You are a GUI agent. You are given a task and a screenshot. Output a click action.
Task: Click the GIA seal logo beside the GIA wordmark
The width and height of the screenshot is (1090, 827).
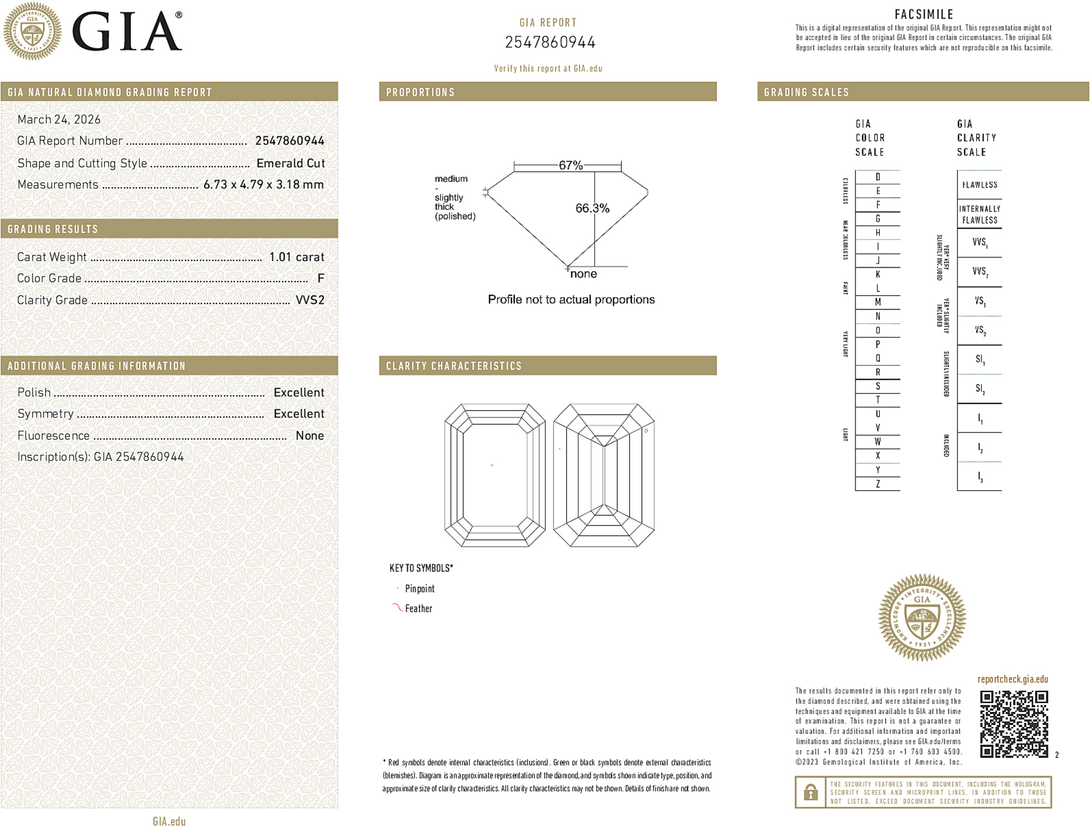[x=33, y=31]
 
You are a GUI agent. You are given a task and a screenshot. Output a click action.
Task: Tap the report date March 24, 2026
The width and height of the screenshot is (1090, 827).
[x=59, y=120]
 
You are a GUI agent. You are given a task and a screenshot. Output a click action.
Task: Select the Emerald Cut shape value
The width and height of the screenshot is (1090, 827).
[x=290, y=163]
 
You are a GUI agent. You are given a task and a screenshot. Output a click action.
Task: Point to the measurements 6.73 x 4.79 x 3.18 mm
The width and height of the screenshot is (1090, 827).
[x=263, y=185]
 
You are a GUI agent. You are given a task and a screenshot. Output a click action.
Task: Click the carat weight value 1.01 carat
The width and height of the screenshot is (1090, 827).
[x=296, y=257]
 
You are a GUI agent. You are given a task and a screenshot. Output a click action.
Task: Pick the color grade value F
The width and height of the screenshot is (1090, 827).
[x=321, y=279]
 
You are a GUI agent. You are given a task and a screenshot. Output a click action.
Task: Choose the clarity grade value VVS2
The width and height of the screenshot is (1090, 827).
[x=310, y=300]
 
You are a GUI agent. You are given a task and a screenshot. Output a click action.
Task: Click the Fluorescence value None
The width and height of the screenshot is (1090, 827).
[x=310, y=436]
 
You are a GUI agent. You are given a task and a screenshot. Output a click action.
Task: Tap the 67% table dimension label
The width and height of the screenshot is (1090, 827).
[x=570, y=165]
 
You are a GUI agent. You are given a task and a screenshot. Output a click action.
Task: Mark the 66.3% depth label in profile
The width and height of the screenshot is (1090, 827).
[x=592, y=208]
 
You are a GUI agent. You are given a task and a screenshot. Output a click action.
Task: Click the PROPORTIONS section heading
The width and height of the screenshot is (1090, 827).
[x=420, y=92]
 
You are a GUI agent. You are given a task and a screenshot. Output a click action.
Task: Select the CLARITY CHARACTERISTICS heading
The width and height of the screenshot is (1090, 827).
[x=454, y=366]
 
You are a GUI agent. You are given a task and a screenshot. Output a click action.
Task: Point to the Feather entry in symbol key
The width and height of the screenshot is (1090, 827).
[x=418, y=608]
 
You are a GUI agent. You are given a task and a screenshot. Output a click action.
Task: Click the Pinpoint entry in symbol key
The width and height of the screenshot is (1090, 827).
[x=420, y=589]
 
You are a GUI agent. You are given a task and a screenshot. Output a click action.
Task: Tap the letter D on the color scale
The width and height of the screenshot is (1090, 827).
[x=878, y=177]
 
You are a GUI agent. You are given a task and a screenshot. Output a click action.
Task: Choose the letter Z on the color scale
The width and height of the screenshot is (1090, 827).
[x=878, y=484]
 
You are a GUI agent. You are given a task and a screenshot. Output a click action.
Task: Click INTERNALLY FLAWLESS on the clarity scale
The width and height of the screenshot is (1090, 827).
[x=979, y=214]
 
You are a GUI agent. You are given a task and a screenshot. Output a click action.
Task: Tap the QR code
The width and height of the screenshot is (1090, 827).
[x=1013, y=723]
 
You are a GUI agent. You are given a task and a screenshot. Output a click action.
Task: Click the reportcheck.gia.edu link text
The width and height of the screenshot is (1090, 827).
[x=1013, y=679]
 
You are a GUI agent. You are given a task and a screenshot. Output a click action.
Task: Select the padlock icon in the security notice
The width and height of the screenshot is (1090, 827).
[x=810, y=792]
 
